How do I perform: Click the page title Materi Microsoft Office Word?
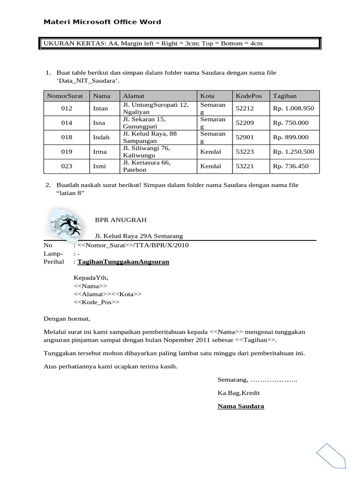coord(102,22)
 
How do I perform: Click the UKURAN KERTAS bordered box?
coord(180,44)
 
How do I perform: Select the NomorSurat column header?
coord(65,96)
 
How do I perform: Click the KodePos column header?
coord(247,96)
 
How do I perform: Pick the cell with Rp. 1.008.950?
coord(293,108)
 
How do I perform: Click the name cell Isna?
coord(99,123)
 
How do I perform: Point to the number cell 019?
coord(67,152)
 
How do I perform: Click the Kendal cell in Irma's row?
coord(210,152)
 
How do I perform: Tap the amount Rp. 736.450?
coord(291,166)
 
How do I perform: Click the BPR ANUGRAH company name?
coord(121,219)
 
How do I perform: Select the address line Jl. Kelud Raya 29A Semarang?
coord(139,236)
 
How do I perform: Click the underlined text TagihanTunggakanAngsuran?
coord(123,262)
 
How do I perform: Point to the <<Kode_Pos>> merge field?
coord(97,302)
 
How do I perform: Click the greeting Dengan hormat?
coord(67,319)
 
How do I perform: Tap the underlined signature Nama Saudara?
coord(240,406)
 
